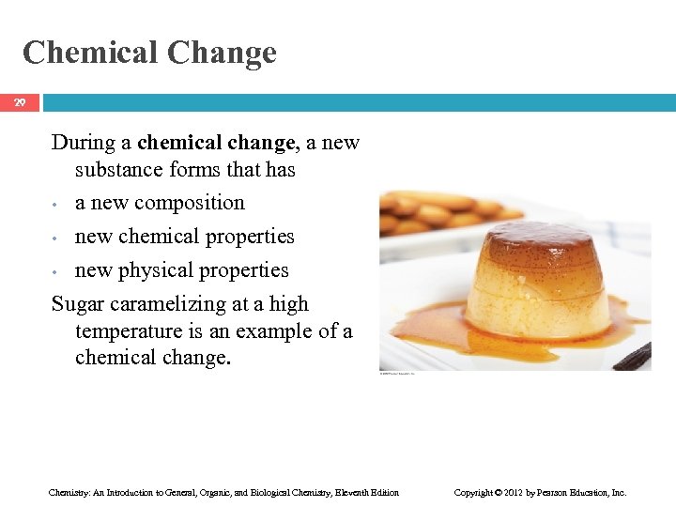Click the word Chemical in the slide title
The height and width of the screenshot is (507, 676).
pos(90,53)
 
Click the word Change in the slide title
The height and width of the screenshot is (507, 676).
pos(223,53)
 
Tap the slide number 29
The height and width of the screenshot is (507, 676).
pos(20,102)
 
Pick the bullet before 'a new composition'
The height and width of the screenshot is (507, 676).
pos(57,204)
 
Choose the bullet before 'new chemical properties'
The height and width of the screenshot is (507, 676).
pos(57,238)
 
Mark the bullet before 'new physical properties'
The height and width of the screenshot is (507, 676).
pos(57,271)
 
